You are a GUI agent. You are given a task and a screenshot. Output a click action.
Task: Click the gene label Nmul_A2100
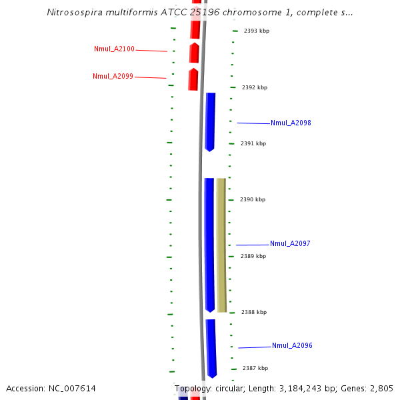pos(114,49)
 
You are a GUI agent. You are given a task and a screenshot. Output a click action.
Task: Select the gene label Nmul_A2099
pos(113,77)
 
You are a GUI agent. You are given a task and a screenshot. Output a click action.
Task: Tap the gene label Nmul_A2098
pos(291,123)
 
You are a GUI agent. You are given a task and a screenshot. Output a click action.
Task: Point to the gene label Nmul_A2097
pos(290,244)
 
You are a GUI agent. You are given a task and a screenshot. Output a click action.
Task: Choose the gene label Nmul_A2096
pos(292,346)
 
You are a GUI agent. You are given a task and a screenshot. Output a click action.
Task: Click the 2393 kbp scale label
pos(257,31)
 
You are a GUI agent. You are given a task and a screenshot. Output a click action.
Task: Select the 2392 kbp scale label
pos(255,87)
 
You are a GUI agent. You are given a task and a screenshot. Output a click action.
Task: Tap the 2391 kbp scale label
pos(253,143)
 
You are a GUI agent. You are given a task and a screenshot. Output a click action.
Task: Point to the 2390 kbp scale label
pos(253,199)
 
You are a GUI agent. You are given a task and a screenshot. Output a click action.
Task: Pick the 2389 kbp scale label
pos(253,256)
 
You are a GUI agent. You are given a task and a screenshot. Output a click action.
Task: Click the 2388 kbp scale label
pos(253,312)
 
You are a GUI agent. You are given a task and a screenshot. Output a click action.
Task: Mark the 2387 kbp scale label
pos(255,368)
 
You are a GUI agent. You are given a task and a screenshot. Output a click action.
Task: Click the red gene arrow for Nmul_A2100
pos(195,53)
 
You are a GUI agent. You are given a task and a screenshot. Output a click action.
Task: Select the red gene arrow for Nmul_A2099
pos(193,79)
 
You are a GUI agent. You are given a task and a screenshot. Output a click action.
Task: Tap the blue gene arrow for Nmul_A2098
pos(210,121)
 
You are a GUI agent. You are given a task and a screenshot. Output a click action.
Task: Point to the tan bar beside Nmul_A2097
pos(221,245)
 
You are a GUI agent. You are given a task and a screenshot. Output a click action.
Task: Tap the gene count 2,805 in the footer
pos(381,389)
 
